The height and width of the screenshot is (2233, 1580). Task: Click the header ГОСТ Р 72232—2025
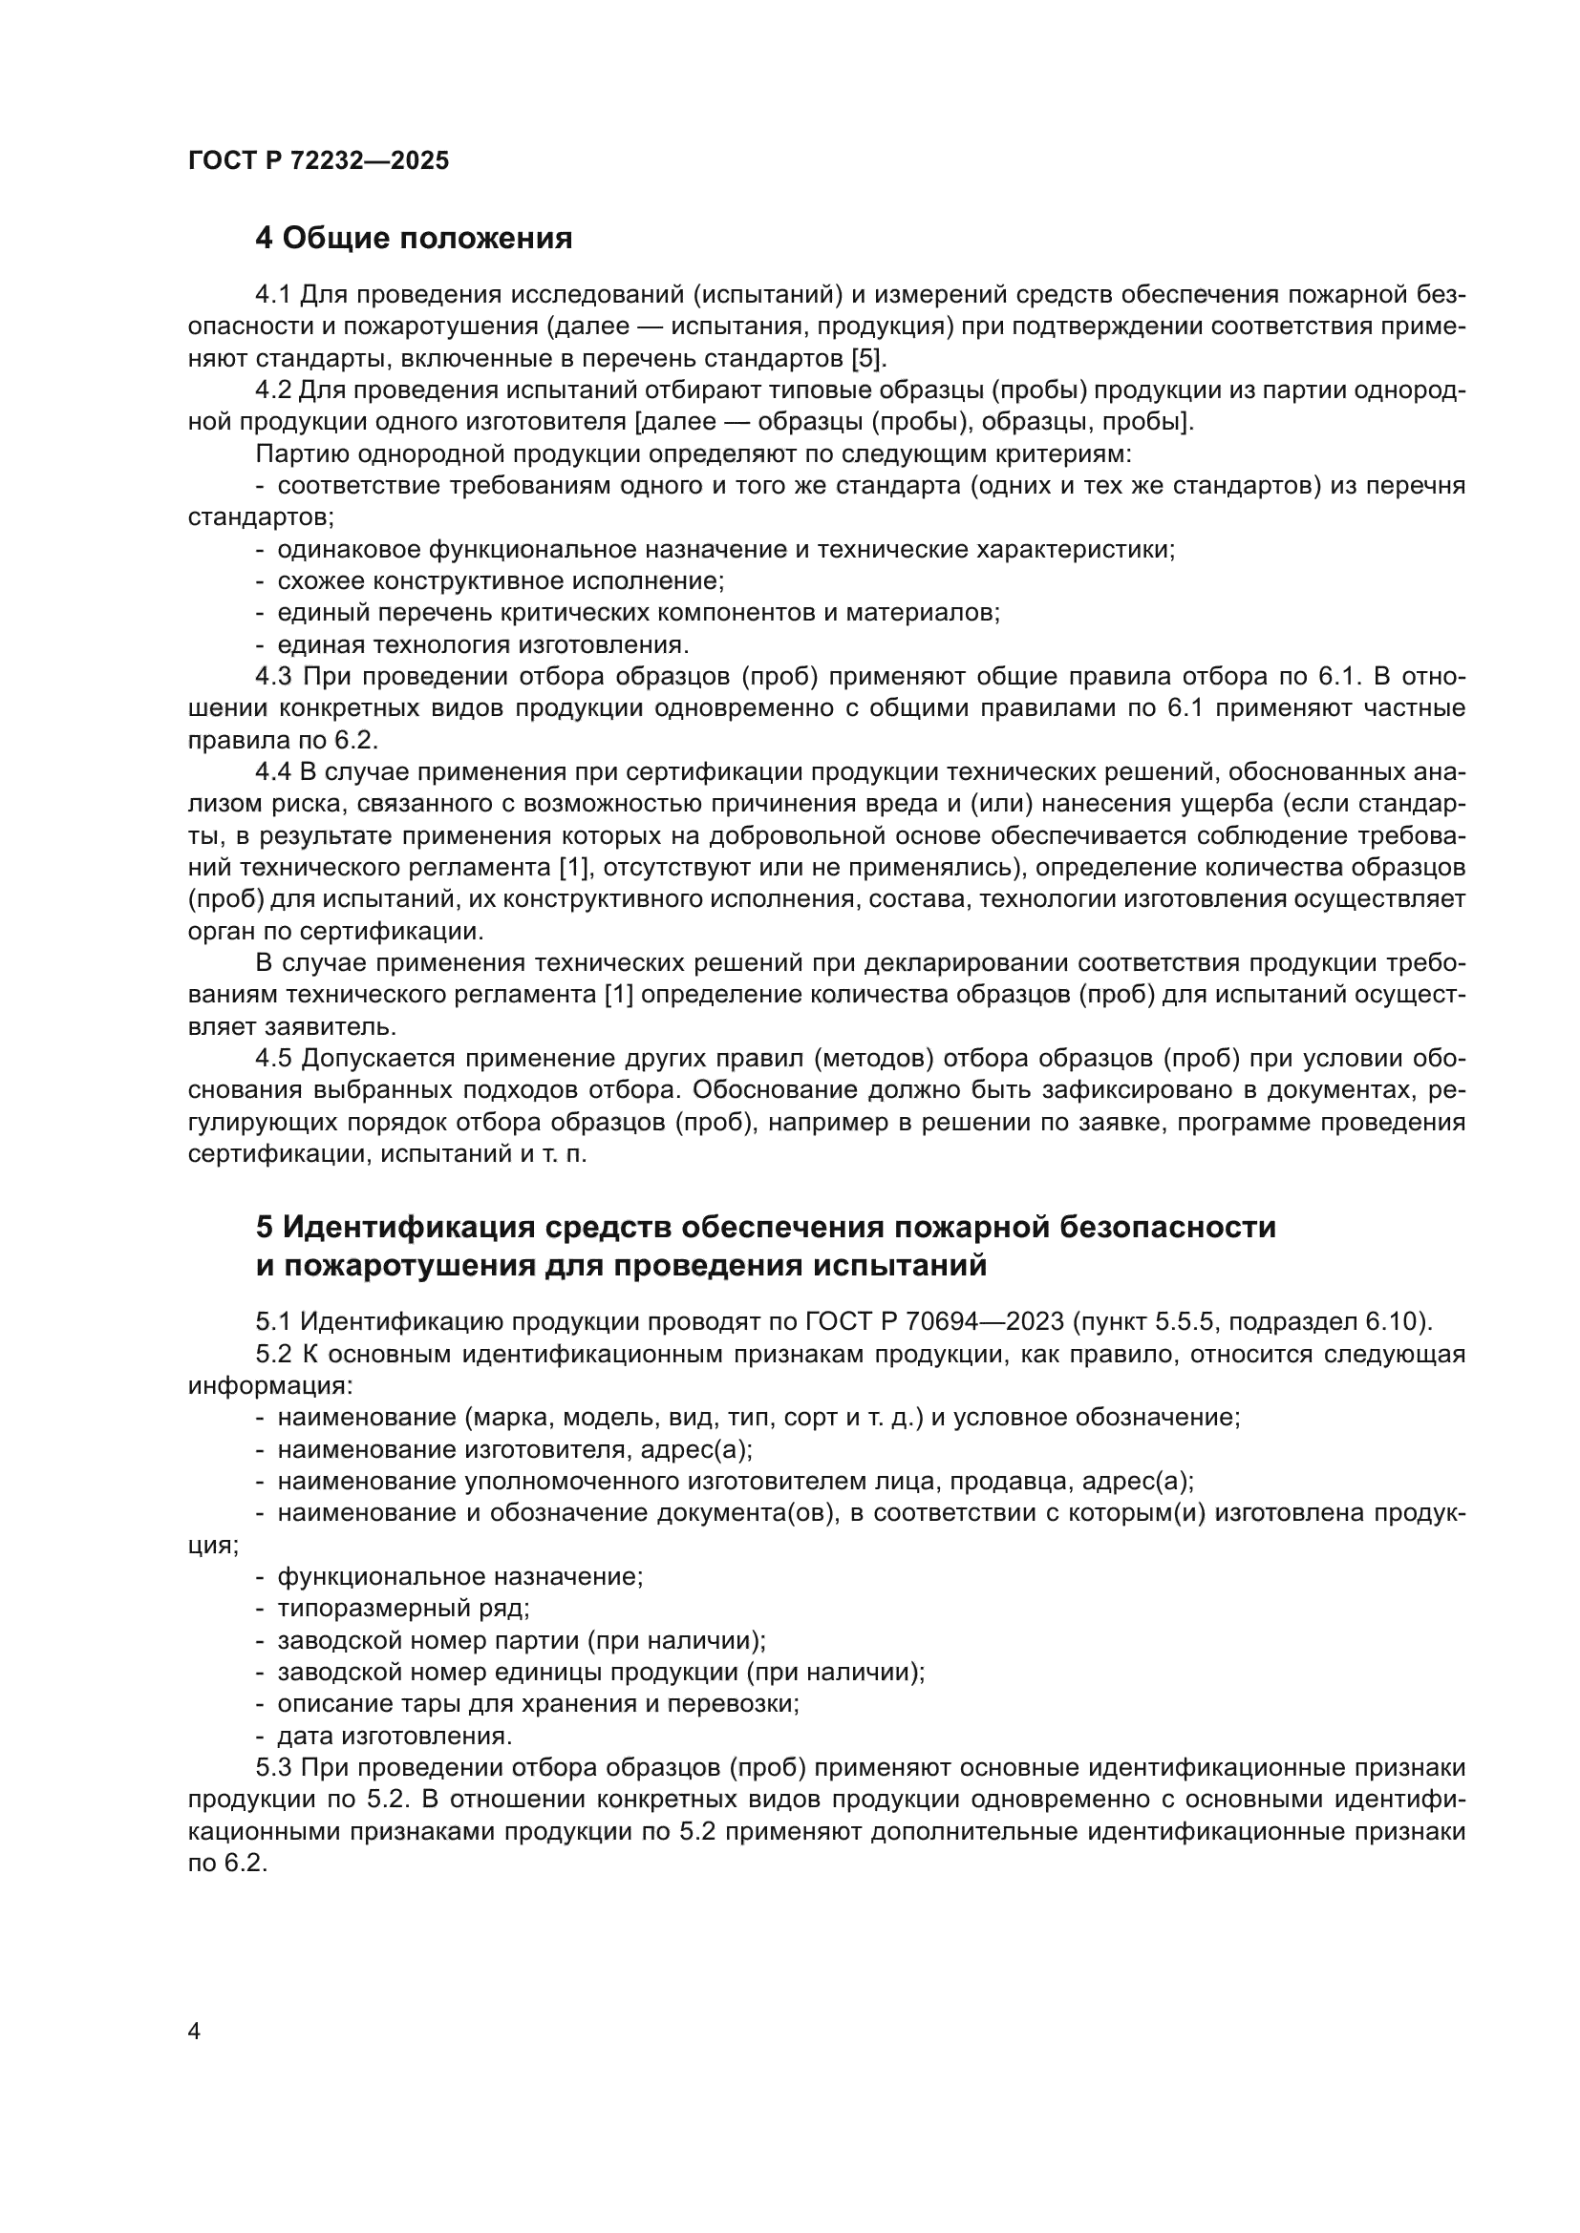click(x=318, y=160)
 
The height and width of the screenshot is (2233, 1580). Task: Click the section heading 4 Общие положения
click(x=414, y=238)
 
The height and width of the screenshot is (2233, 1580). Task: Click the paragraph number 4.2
click(x=273, y=390)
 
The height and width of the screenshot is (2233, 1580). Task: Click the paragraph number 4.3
click(x=273, y=677)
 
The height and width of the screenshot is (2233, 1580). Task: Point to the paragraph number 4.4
click(x=273, y=772)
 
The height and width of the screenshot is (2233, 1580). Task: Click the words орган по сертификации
click(x=334, y=931)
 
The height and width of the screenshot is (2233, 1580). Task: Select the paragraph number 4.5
click(x=273, y=1058)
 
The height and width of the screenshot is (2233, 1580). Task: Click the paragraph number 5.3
click(x=273, y=1767)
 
